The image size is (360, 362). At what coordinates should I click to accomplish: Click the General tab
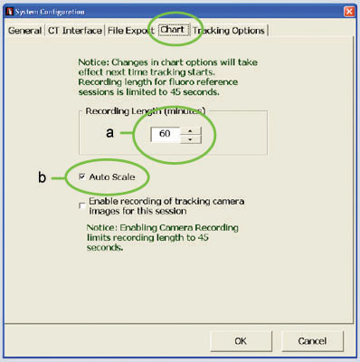point(24,31)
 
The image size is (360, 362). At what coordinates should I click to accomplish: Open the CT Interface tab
point(75,31)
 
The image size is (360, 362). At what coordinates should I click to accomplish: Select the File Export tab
point(131,31)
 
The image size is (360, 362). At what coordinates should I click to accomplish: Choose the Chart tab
point(173,30)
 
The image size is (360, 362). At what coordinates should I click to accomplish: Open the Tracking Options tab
point(229,31)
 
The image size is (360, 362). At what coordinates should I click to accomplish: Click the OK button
point(241,341)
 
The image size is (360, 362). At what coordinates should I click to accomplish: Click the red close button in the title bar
point(349,12)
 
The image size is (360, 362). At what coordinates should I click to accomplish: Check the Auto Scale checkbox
point(81,176)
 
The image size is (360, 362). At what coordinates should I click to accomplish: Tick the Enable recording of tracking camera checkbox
point(81,205)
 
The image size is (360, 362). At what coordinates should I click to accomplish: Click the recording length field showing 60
point(166,134)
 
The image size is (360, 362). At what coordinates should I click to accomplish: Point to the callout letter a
point(110,133)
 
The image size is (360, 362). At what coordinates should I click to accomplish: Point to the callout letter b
point(42,176)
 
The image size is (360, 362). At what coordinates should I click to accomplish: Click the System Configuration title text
point(50,12)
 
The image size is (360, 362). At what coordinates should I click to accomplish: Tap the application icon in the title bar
point(10,12)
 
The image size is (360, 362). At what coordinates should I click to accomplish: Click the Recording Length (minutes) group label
point(146,111)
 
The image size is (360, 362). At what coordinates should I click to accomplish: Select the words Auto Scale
point(112,176)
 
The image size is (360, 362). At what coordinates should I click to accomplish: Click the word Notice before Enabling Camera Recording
point(101,227)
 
